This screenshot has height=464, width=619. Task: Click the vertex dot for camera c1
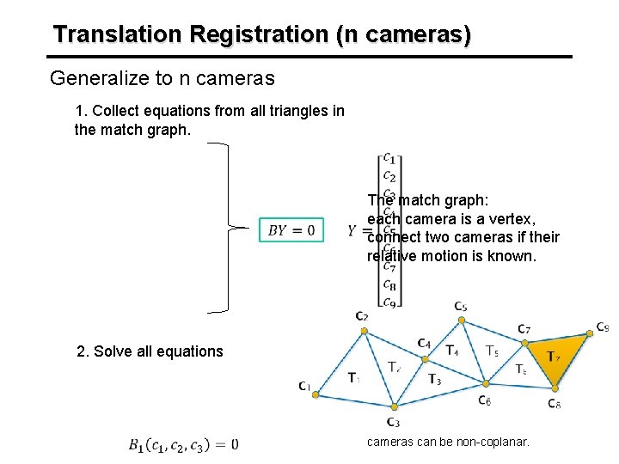[316, 394]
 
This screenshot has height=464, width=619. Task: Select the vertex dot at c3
[393, 406]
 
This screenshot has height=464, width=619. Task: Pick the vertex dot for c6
[485, 384]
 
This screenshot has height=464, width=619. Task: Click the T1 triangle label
[354, 377]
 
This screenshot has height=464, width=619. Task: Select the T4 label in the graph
[451, 351]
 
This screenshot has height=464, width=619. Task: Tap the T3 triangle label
[434, 380]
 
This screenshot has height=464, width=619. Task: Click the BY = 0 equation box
[291, 230]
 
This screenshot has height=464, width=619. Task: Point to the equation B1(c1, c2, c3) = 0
[183, 444]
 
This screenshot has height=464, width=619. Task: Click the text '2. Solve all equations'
[150, 351]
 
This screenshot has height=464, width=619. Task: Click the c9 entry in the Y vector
[389, 302]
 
